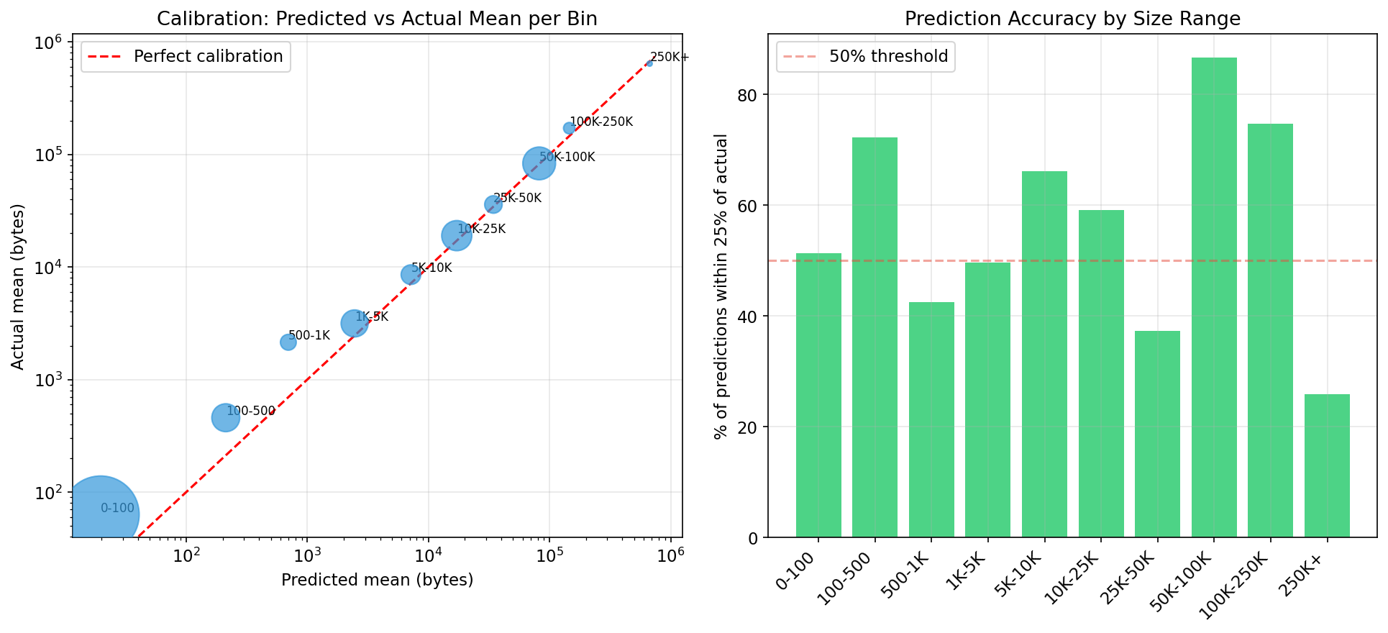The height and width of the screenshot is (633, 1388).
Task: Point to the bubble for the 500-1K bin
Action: [288, 342]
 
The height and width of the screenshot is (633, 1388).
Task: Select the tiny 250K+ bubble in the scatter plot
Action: [649, 63]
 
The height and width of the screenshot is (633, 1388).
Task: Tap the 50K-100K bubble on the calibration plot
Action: [539, 163]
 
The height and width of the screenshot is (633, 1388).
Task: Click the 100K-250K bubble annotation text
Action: [601, 122]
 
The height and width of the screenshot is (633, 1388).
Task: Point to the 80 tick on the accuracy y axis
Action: [748, 95]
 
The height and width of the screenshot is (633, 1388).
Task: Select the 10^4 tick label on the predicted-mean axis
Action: [429, 557]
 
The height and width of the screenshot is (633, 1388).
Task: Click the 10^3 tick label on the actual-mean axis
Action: [49, 380]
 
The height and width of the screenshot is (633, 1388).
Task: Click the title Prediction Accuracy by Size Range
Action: [1072, 19]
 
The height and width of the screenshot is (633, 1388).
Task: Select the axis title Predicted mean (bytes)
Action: [377, 580]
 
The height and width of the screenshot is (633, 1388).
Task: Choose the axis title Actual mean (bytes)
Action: [18, 286]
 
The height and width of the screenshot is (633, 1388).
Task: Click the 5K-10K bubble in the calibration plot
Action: [411, 274]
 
